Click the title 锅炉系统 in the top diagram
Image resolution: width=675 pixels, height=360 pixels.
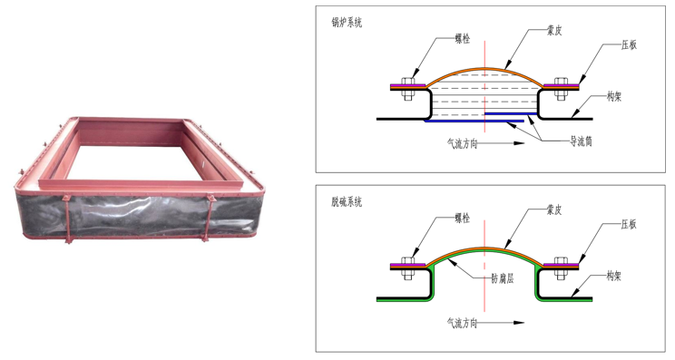(x=347, y=23)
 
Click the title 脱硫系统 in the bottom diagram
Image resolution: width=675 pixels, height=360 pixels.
(x=347, y=201)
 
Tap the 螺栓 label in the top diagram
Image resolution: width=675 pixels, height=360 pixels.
(x=463, y=39)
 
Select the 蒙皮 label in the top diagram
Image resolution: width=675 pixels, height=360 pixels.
(x=554, y=31)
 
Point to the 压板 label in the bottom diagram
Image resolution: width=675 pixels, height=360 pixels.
(x=629, y=224)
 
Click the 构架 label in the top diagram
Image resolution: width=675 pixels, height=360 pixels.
(x=614, y=97)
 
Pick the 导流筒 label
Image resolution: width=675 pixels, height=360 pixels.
(x=581, y=141)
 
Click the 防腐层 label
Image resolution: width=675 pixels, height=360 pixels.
(x=503, y=278)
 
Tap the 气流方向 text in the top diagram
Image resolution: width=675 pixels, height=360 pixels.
(x=463, y=143)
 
